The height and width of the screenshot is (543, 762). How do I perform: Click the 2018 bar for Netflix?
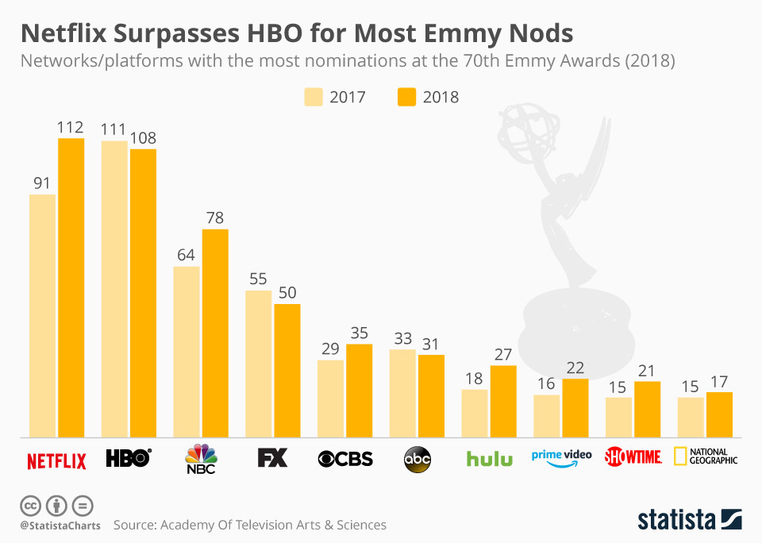tap(71, 287)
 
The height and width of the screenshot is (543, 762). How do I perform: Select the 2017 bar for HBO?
tap(114, 289)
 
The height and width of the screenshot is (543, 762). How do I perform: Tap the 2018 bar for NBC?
tap(215, 333)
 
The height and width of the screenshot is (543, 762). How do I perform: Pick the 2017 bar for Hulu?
tap(475, 413)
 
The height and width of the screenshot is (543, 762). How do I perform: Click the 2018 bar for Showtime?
tap(648, 409)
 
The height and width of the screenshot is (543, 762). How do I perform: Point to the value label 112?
tap(71, 127)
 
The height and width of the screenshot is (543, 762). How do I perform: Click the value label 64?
tap(187, 255)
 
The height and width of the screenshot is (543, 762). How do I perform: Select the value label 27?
tap(503, 354)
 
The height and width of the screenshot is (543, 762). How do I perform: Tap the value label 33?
tap(402, 337)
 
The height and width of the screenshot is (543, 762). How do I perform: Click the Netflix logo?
tap(56, 460)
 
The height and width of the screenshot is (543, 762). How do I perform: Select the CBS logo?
tap(345, 459)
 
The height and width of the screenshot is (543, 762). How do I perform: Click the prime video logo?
tap(561, 459)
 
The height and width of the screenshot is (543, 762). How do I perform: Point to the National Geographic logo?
tap(706, 456)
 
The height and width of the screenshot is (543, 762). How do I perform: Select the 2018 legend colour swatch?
tap(406, 97)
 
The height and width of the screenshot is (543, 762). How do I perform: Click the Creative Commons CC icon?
tap(30, 505)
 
